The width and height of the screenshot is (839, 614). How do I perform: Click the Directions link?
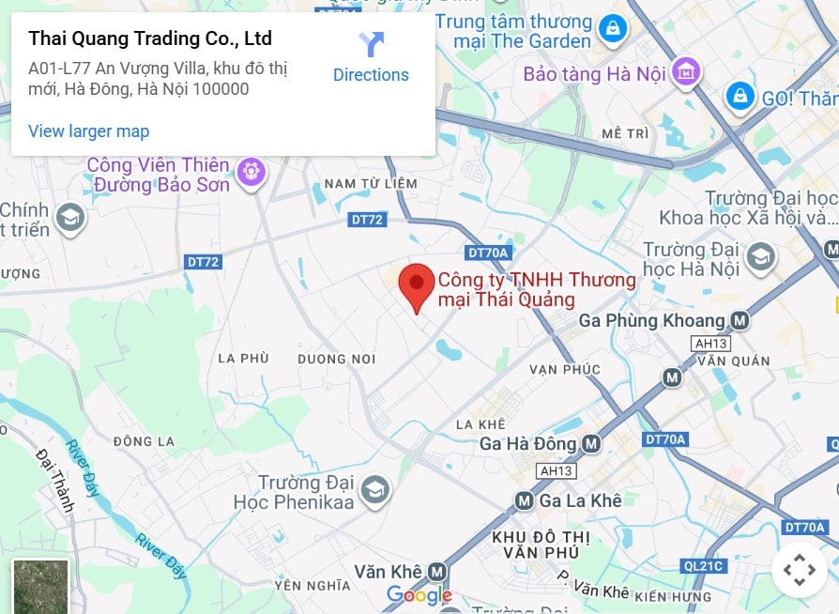(371, 58)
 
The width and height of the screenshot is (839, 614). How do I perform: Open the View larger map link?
(88, 130)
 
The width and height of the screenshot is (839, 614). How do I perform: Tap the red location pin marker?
(417, 285)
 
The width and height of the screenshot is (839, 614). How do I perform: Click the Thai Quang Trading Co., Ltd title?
(150, 38)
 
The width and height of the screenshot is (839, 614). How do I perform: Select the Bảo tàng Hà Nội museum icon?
(687, 72)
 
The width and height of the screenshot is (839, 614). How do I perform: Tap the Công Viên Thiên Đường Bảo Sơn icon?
(251, 172)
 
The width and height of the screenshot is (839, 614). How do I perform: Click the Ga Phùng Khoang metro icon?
(740, 320)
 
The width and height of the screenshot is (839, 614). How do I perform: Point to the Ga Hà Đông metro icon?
(590, 443)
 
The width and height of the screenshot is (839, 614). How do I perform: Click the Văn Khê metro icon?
(436, 571)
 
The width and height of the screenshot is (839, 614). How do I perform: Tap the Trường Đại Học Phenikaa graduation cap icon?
(374, 489)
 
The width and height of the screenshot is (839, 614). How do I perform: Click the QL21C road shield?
(704, 565)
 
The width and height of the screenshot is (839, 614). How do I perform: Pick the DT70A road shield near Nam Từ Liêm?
(487, 253)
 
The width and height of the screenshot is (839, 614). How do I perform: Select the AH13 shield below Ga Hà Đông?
(556, 470)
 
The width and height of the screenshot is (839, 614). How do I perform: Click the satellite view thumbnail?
(40, 587)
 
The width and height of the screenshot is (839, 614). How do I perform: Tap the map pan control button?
(799, 570)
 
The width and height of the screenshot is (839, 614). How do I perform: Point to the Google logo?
(419, 595)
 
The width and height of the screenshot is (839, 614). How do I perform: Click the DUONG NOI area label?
(336, 359)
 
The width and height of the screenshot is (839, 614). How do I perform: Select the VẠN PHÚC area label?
(564, 369)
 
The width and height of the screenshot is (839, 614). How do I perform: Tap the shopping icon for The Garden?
(612, 28)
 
